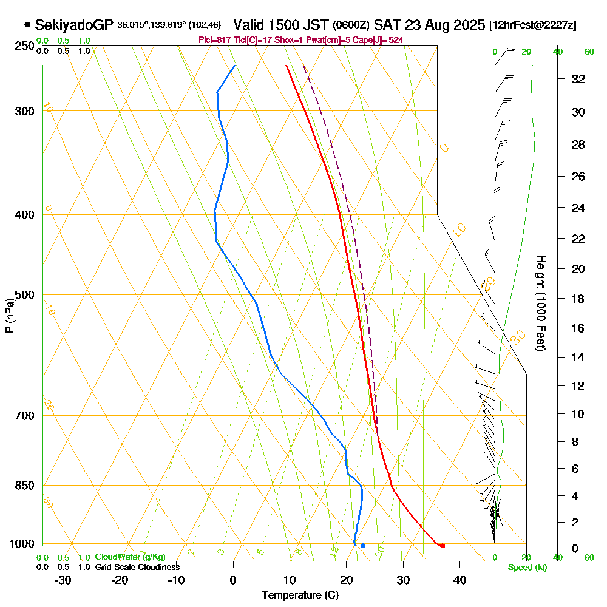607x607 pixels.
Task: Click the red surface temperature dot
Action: pos(443,546)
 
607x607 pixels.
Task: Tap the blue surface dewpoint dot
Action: pos(363,546)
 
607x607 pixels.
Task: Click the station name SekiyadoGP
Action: pos(73,25)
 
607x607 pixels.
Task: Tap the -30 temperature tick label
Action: pos(63,580)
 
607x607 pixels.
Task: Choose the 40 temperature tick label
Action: pos(459,580)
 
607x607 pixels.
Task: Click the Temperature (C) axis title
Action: pos(300,595)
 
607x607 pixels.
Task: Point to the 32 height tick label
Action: pos(578,79)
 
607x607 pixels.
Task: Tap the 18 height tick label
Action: pos(578,299)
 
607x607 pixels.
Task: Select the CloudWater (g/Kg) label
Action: pos(130,557)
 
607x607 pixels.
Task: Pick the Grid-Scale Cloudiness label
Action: pos(137,567)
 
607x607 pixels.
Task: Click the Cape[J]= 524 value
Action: pos(384,40)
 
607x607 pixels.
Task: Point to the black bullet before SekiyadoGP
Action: pos(27,25)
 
